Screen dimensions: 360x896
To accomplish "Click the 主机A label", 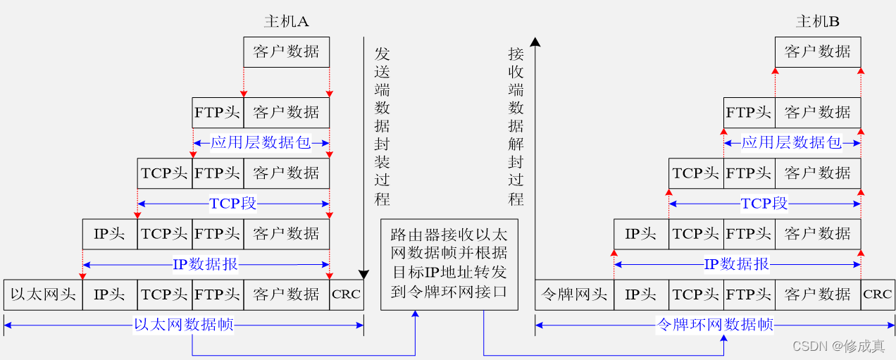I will coord(286,22).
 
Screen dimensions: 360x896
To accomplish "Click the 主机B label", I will coord(817,22).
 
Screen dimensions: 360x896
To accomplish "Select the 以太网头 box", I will coord(43,294).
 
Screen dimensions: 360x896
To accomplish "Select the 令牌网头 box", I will coord(574,294).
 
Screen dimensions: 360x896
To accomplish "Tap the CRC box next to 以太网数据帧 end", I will coord(347,294).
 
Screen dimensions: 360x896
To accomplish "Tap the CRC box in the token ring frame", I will coord(878,294).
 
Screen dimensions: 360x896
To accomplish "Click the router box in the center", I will coord(449,264).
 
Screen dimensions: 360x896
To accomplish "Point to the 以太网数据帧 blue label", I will coord(184,325).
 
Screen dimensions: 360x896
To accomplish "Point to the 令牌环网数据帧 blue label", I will coord(714,325).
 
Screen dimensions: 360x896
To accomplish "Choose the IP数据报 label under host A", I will coord(205,265).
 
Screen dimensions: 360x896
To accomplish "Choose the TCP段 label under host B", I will coord(764,204).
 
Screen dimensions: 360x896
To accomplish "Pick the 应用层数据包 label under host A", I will coord(260,143).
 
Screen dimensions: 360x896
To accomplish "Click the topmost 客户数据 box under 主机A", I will coord(286,51).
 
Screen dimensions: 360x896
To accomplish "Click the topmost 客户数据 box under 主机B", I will coord(817,51).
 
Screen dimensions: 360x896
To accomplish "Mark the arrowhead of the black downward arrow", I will coord(363,275).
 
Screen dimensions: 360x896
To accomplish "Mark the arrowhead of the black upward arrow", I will coord(535,42).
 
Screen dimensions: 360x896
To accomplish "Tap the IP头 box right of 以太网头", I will coord(109,294).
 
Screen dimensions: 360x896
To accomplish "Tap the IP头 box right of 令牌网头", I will coord(640,294).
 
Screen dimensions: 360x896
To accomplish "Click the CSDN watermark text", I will coord(838,346).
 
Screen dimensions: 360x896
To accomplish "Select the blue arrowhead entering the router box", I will coord(415,315).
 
